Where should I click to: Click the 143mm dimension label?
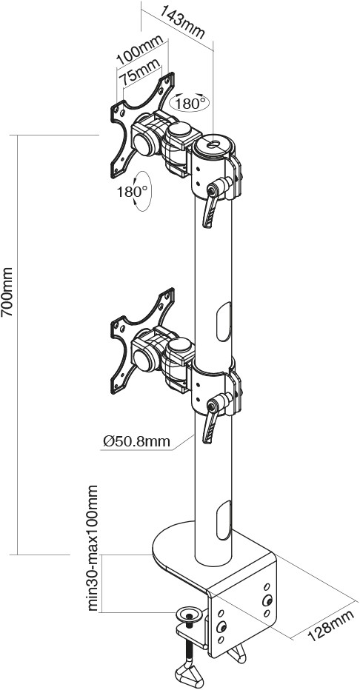(182, 21)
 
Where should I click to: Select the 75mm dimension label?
(141, 73)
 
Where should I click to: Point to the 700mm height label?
(7, 291)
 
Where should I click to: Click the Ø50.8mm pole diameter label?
(136, 441)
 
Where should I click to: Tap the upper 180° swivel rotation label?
(190, 104)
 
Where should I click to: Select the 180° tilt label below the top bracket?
(132, 192)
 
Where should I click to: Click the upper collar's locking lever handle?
(210, 212)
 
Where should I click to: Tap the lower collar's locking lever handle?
(210, 428)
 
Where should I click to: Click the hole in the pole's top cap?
(214, 144)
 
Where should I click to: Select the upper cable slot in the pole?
(224, 321)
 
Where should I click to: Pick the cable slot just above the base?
(224, 520)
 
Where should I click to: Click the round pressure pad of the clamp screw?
(189, 613)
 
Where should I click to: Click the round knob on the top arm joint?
(179, 131)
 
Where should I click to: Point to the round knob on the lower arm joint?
(179, 346)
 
